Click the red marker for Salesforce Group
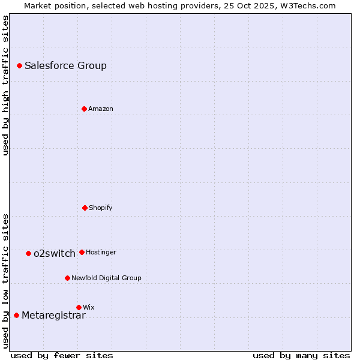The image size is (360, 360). (19, 65)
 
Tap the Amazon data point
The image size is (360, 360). (84, 109)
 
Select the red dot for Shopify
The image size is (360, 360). (85, 208)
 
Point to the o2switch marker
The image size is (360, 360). (28, 253)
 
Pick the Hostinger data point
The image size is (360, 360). (82, 252)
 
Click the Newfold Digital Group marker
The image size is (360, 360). (67, 278)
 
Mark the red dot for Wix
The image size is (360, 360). (79, 307)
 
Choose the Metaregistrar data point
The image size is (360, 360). (16, 315)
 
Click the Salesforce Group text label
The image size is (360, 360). (65, 66)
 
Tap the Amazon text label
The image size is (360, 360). (101, 109)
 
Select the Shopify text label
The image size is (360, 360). (101, 208)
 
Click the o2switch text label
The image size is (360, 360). (55, 254)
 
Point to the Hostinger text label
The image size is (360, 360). (101, 253)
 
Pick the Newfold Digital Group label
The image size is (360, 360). (106, 278)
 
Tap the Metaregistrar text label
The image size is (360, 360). (53, 316)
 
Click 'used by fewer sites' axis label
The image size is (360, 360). (62, 355)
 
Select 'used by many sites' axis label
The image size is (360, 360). (301, 355)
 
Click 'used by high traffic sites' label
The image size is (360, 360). (5, 85)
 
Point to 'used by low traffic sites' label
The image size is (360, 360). (5, 281)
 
